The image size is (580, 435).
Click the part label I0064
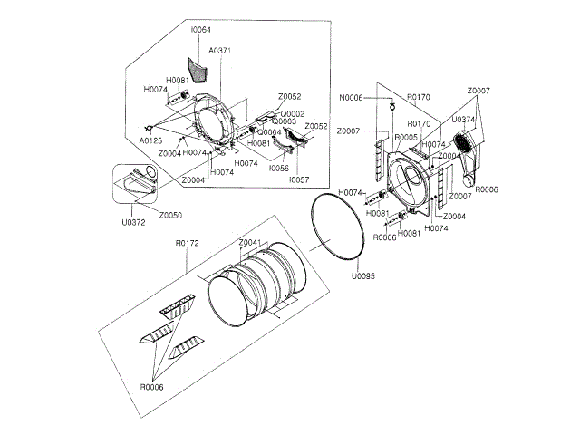click(200, 31)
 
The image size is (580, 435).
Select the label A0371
click(219, 51)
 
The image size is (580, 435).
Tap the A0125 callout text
click(151, 141)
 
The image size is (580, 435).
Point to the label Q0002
click(292, 113)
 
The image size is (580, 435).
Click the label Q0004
click(270, 132)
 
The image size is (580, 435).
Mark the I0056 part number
click(279, 169)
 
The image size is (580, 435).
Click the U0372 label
click(133, 222)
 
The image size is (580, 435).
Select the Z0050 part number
click(170, 215)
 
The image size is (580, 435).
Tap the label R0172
click(187, 243)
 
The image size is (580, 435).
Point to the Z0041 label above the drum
click(251, 243)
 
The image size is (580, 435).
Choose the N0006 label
click(352, 97)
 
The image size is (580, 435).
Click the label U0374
click(463, 119)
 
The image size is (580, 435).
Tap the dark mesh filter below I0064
click(198, 68)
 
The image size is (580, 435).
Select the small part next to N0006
click(391, 106)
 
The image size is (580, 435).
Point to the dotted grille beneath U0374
click(465, 142)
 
